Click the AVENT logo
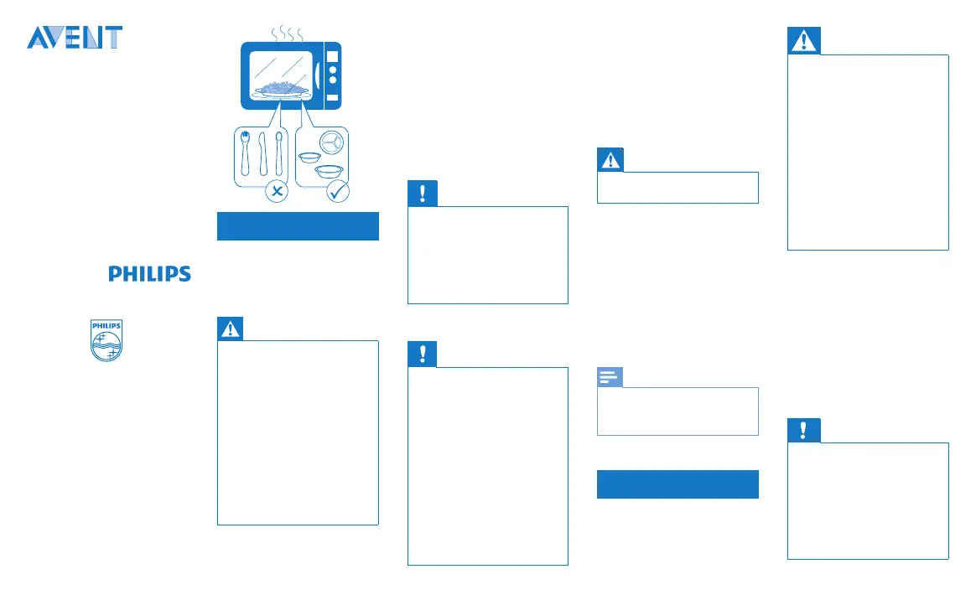pos(75,38)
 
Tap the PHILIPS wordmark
pos(149,274)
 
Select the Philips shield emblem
pos(106,340)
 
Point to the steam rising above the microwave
pos(287,33)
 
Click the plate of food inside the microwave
pos(282,90)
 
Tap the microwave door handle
pos(318,75)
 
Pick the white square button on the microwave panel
pos(333,57)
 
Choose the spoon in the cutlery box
pos(279,153)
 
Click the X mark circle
pos(277,191)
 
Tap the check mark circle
pos(338,191)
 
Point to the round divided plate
pos(332,142)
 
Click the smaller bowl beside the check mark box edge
pos(309,157)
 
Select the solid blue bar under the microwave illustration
pos(299,226)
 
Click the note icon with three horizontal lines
pos(610,377)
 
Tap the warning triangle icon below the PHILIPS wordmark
pos(231,329)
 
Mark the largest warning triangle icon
pos(804,41)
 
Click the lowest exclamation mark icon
pos(804,431)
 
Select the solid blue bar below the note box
pos(677,484)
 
